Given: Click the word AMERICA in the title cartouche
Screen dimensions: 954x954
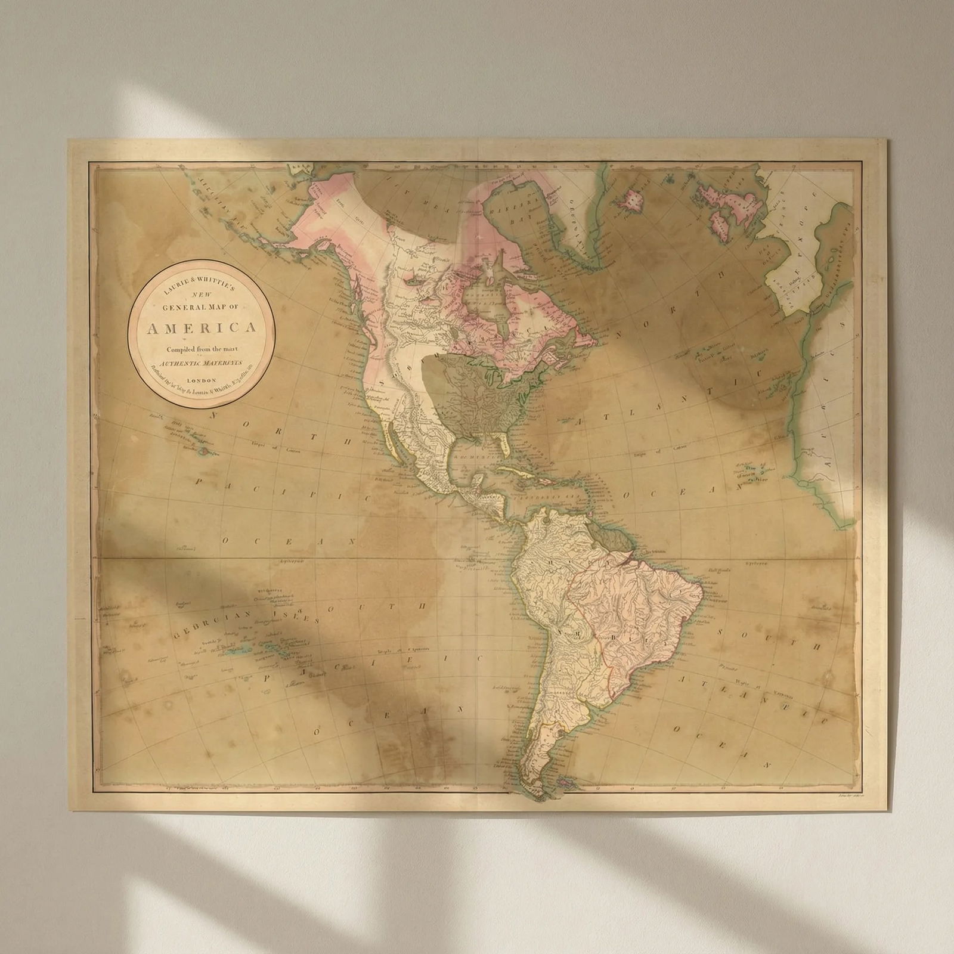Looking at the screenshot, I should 202,328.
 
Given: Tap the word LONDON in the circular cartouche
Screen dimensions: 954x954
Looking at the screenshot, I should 203,380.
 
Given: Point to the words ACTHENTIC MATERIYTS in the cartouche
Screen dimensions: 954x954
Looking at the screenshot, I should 203,363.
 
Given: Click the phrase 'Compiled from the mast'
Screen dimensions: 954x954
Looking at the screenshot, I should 203,349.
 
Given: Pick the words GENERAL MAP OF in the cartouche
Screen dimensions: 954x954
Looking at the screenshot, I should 203,307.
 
